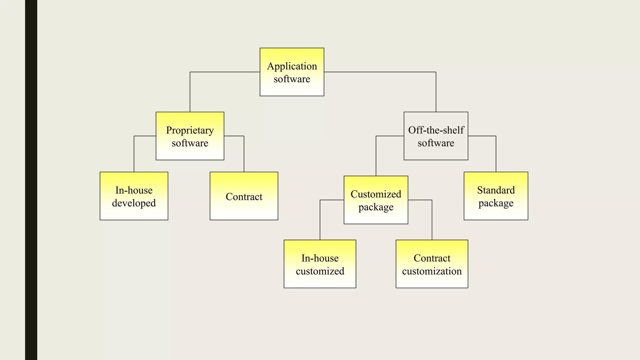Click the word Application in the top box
[292, 66]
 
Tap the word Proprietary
[190, 130]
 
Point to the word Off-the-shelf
[436, 130]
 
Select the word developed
[134, 203]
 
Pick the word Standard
[496, 190]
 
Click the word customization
[432, 271]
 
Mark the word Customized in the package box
[376, 194]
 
